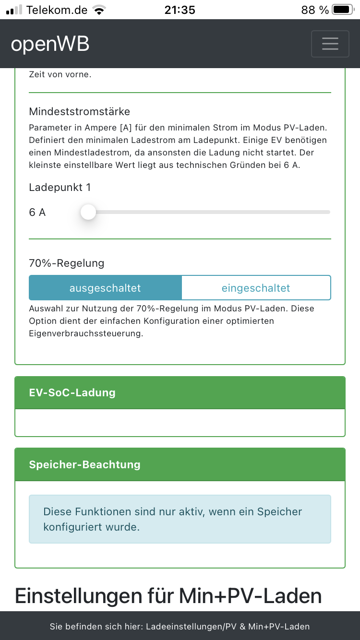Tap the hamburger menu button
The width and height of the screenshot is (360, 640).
330,44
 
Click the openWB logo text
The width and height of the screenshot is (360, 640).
50,44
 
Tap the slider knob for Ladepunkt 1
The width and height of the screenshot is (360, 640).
88,212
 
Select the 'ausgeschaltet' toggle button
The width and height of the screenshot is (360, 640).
105,288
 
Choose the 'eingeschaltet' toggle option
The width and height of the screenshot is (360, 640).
256,288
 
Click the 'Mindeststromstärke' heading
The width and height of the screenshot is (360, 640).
79,112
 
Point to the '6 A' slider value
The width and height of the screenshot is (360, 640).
37,213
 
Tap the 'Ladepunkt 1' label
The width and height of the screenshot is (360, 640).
60,188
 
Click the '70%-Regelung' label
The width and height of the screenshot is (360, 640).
66,263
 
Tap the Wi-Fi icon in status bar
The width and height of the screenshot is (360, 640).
99,10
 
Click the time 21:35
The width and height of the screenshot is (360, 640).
180,10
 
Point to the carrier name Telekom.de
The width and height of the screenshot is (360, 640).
57,10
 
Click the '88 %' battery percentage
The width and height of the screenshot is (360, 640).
315,10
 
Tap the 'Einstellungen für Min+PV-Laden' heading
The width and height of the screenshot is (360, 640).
168,596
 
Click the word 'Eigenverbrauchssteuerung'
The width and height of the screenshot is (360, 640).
85,333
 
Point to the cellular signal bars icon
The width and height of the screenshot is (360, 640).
14,10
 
